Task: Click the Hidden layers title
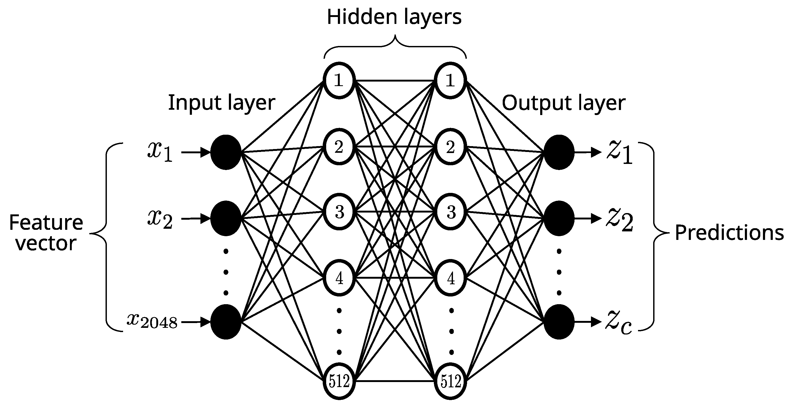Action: click(x=394, y=17)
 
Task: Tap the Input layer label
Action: click(x=221, y=103)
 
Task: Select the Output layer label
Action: click(x=563, y=103)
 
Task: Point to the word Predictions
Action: click(x=729, y=233)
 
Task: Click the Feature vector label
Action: click(x=46, y=232)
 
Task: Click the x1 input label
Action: click(x=160, y=152)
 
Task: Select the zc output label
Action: click(x=618, y=323)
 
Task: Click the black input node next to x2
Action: click(x=226, y=218)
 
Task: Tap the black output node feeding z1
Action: click(x=559, y=152)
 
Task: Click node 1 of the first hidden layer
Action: click(x=339, y=80)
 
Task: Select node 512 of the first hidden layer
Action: click(x=339, y=381)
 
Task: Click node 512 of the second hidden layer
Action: click(x=451, y=381)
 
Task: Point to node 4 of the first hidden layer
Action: click(x=339, y=278)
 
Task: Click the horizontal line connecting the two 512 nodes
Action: click(x=395, y=381)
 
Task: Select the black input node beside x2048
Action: click(x=226, y=322)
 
